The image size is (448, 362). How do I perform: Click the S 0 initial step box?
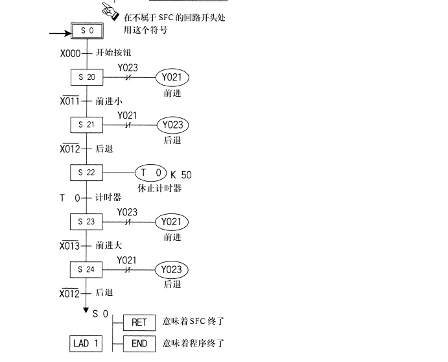[x=86, y=31]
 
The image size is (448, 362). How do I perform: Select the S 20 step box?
[x=86, y=78]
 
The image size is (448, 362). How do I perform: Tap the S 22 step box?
[x=86, y=173]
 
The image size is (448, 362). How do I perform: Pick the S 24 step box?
[x=86, y=269]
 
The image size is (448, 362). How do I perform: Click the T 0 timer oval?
[x=151, y=173]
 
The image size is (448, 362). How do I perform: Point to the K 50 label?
[x=182, y=175]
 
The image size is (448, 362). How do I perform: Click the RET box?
[x=139, y=322]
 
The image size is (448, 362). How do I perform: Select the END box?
[x=139, y=343]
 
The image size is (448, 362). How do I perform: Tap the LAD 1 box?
[x=86, y=343]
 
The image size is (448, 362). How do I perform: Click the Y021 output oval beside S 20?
[x=172, y=78]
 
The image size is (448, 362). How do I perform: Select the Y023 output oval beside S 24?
[x=172, y=269]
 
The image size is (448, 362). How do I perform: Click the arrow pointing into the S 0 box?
[x=59, y=31]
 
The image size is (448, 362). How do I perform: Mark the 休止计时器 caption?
[x=159, y=189]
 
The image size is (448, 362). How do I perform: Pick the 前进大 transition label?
[x=109, y=246]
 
